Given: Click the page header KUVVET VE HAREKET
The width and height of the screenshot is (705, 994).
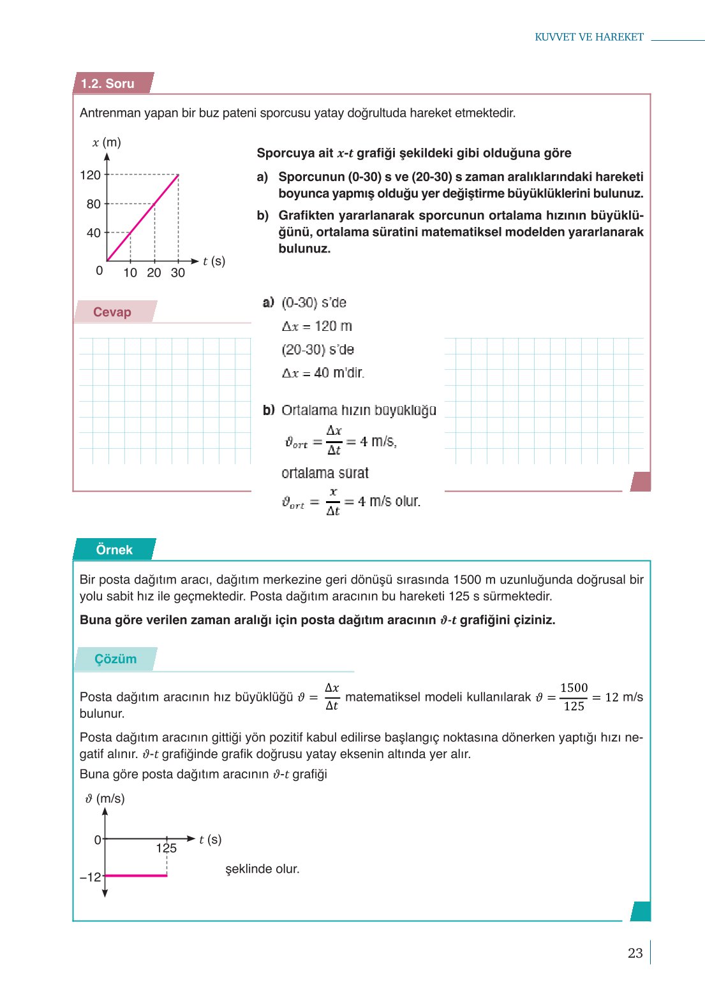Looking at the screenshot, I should (x=588, y=37).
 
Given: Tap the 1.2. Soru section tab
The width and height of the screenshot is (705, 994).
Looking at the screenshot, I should (x=108, y=84).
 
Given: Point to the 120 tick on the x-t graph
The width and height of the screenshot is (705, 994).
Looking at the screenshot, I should (x=91, y=175).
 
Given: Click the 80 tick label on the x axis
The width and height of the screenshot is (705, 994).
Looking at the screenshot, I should (x=93, y=204).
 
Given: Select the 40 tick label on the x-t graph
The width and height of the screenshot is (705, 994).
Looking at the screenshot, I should (x=93, y=233).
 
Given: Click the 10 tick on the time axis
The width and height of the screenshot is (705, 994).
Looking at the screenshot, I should (x=130, y=273).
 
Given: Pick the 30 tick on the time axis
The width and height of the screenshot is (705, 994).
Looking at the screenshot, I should (x=178, y=273).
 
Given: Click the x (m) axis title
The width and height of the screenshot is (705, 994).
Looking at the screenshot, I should (x=107, y=142).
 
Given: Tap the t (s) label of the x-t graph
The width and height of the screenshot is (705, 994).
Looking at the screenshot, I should (x=214, y=261).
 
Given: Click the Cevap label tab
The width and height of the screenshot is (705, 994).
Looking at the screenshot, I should (x=112, y=312).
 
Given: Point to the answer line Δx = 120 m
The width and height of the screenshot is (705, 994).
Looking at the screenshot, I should (x=317, y=326).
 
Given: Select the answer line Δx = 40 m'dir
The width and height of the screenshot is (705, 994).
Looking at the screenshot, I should (x=323, y=373).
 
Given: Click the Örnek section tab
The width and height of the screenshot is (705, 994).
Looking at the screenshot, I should (x=114, y=550).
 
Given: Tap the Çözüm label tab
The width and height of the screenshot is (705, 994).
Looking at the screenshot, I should (x=115, y=659).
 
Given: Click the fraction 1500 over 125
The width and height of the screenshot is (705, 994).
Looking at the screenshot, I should (x=574, y=697).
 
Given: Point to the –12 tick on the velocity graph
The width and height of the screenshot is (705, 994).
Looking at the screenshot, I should (x=90, y=877).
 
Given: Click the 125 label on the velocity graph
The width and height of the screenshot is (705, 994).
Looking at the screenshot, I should (x=166, y=848).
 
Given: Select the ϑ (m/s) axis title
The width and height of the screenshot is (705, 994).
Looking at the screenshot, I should (x=105, y=798).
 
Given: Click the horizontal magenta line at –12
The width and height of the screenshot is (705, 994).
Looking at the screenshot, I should (x=136, y=875).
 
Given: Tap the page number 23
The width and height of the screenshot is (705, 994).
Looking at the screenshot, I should (x=635, y=953).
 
